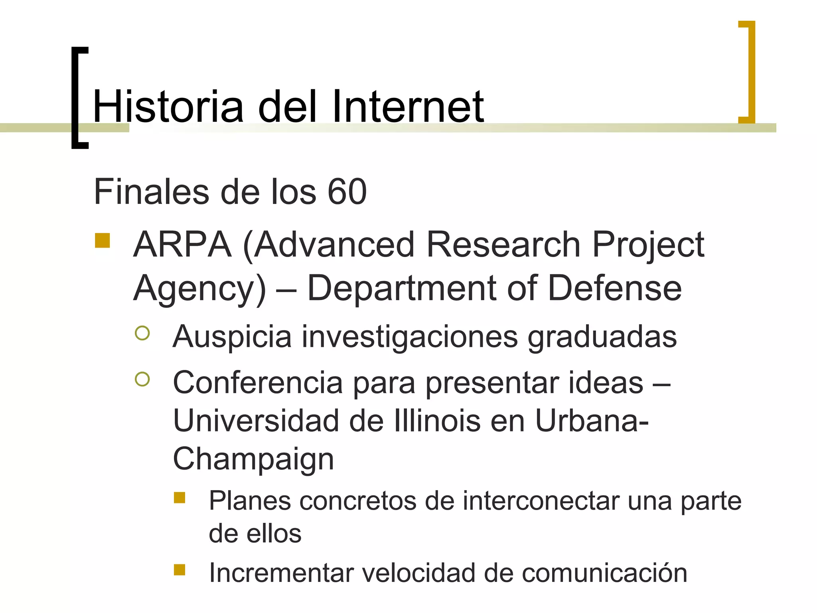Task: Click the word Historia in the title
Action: point(168,107)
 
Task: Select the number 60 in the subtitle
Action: point(347,192)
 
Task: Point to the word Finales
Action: point(152,192)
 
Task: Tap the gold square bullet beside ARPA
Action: point(103,241)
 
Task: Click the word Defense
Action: point(614,288)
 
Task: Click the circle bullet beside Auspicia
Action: point(142,333)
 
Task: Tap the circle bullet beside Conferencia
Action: point(142,379)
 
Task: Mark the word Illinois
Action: point(437,421)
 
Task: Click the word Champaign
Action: point(253,459)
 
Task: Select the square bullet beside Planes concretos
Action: point(180,498)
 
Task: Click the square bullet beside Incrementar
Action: point(180,569)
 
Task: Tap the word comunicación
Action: point(604,573)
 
